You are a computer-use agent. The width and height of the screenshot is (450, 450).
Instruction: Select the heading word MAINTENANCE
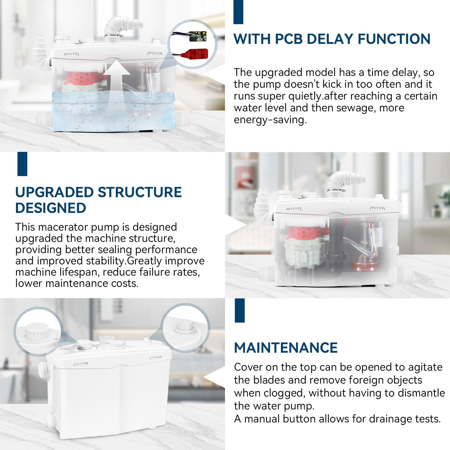coord(286,348)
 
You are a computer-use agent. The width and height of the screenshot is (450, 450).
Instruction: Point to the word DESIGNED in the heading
coord(51,208)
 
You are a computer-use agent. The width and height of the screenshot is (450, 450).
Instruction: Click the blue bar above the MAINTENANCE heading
coord(240,310)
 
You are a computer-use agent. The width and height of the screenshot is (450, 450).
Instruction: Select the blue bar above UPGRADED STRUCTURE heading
coord(22,164)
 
